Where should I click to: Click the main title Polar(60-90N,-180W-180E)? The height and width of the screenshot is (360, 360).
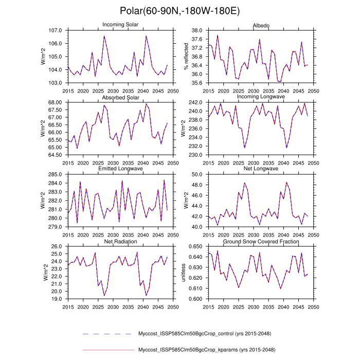click(x=179, y=11)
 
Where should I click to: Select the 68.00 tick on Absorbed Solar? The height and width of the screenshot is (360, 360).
click(x=55, y=102)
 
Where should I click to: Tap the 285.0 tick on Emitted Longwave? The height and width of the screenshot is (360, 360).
click(x=56, y=174)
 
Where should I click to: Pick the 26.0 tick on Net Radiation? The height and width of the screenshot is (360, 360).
click(x=57, y=246)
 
